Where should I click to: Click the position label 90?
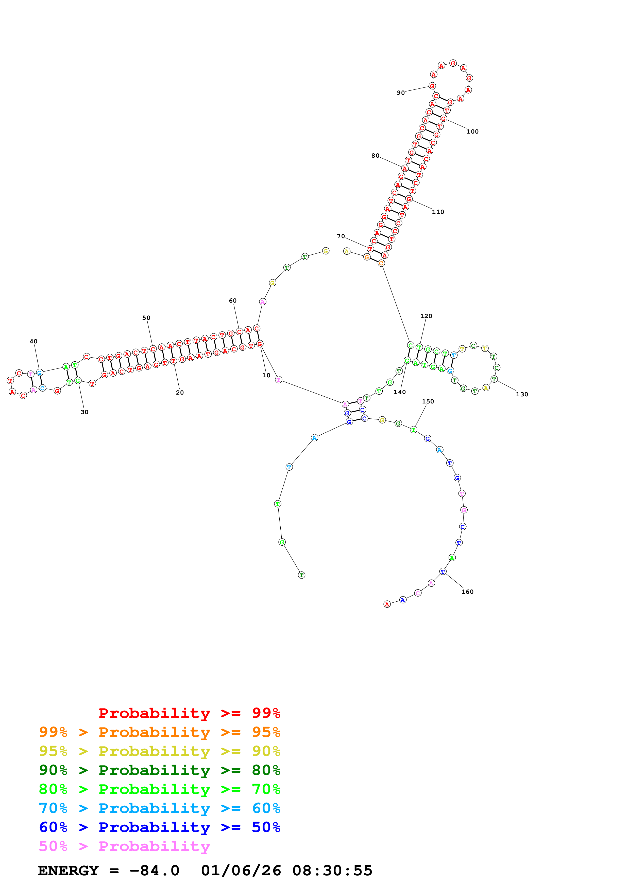(x=400, y=93)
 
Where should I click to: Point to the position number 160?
(x=467, y=592)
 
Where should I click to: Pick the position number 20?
(x=180, y=393)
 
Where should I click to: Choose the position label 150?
(x=428, y=401)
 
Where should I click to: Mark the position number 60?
(x=232, y=301)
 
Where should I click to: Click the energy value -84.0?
(x=154, y=871)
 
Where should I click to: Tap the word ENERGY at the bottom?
(x=68, y=871)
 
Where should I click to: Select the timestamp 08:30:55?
(x=332, y=871)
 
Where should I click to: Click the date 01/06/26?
(x=241, y=871)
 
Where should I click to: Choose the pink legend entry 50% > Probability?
(x=124, y=846)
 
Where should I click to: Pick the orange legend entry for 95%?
(x=159, y=732)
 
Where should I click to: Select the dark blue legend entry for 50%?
(x=159, y=827)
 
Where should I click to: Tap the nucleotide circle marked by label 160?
(x=443, y=571)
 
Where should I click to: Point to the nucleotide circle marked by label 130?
(x=494, y=379)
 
